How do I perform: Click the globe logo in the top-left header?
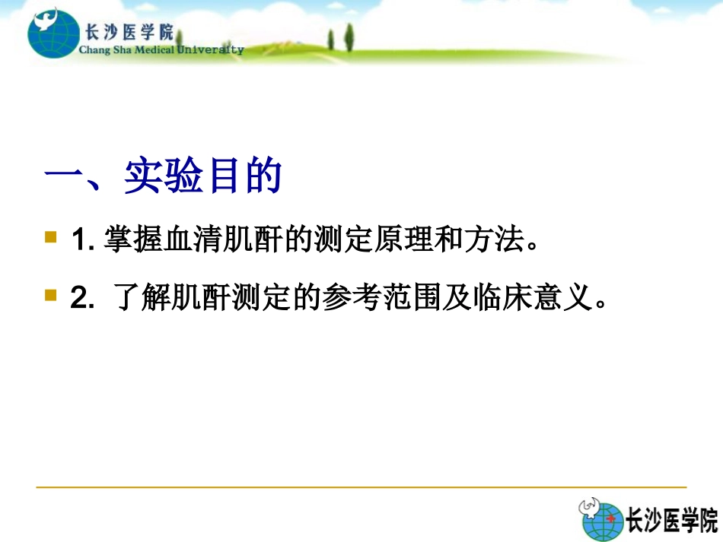pos(52,33)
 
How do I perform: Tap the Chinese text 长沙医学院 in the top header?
pos(126,32)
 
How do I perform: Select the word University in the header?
pos(211,50)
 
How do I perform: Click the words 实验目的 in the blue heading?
pos(202,177)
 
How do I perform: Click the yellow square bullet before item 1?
pos(51,237)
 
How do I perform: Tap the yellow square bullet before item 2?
pos(51,294)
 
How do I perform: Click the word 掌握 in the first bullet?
pos(123,241)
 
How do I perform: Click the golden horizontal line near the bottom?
pos(361,487)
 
